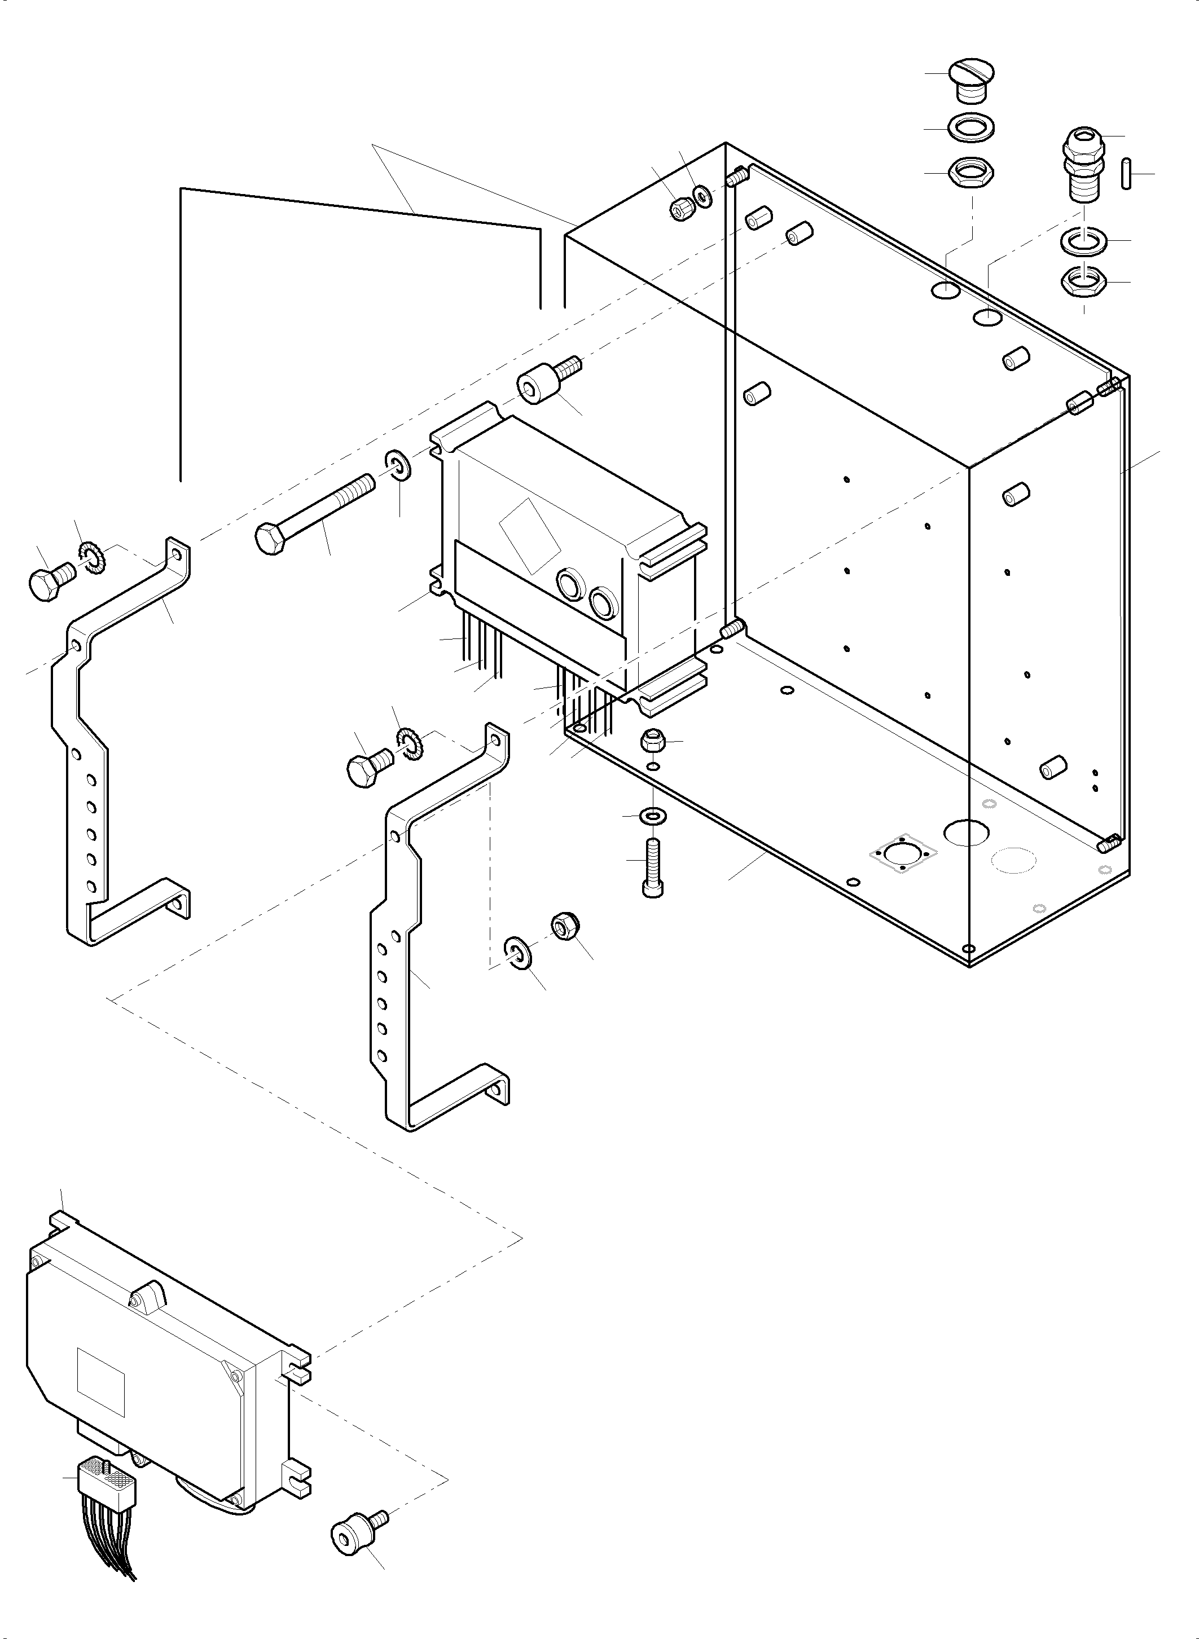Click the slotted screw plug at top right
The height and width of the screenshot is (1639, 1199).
click(x=971, y=80)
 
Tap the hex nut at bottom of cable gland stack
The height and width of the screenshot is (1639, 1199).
click(x=1083, y=281)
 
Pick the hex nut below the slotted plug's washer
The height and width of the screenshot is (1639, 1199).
click(x=971, y=173)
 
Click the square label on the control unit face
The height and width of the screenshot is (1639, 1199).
click(x=101, y=1383)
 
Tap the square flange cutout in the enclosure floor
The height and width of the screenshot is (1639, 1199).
click(x=903, y=854)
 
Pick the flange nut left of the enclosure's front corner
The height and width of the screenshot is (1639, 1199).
click(x=651, y=742)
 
